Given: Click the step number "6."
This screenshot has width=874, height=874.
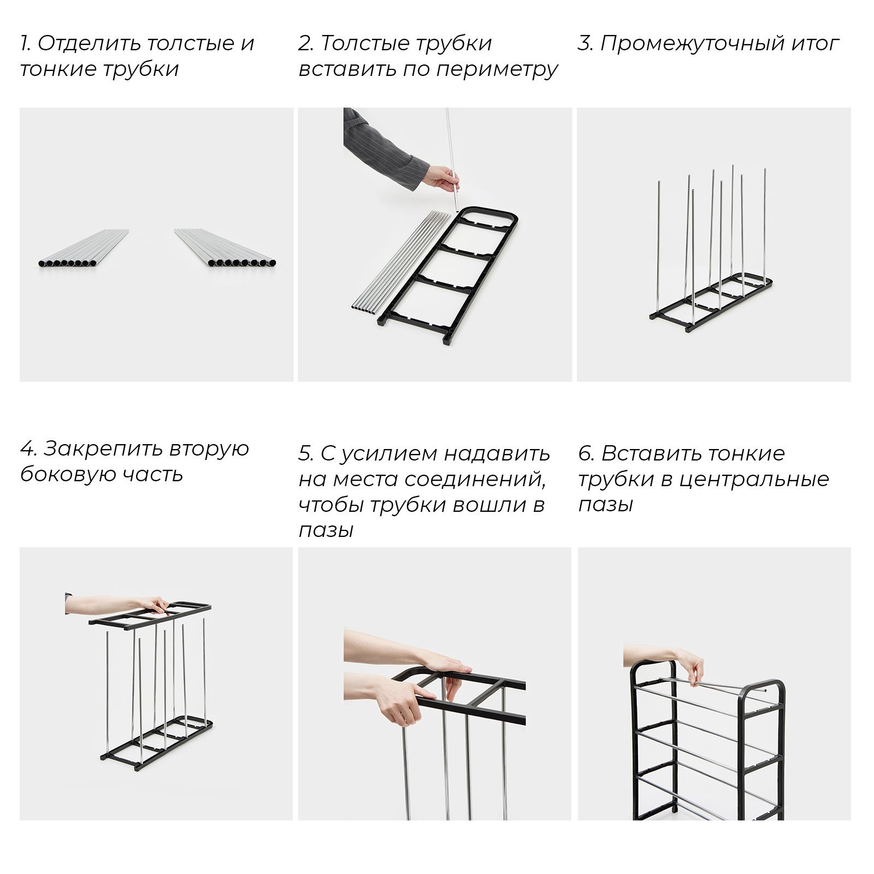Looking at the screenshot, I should [586, 454].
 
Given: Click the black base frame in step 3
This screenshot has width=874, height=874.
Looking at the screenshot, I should [710, 306].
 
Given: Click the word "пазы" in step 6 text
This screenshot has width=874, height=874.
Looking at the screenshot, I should [605, 505].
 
